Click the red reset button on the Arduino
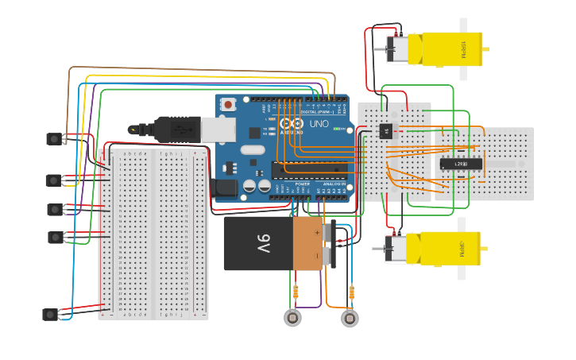pyautogui.click(x=229, y=104)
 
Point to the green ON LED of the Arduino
pyautogui.click(x=347, y=129)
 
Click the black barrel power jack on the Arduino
pyautogui.click(x=226, y=188)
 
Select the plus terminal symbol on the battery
pyautogui.click(x=317, y=233)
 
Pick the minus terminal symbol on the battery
pyautogui.click(x=317, y=255)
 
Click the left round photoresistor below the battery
pyautogui.click(x=293, y=318)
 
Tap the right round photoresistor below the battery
pyautogui.click(x=349, y=318)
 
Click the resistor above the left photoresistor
pyautogui.click(x=296, y=292)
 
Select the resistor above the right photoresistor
pyautogui.click(x=350, y=292)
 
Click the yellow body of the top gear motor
pyautogui.click(x=450, y=49)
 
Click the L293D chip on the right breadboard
pyautogui.click(x=461, y=164)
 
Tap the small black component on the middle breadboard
pyautogui.click(x=387, y=131)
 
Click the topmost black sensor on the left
pyautogui.click(x=54, y=139)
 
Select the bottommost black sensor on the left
pyautogui.click(x=50, y=314)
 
